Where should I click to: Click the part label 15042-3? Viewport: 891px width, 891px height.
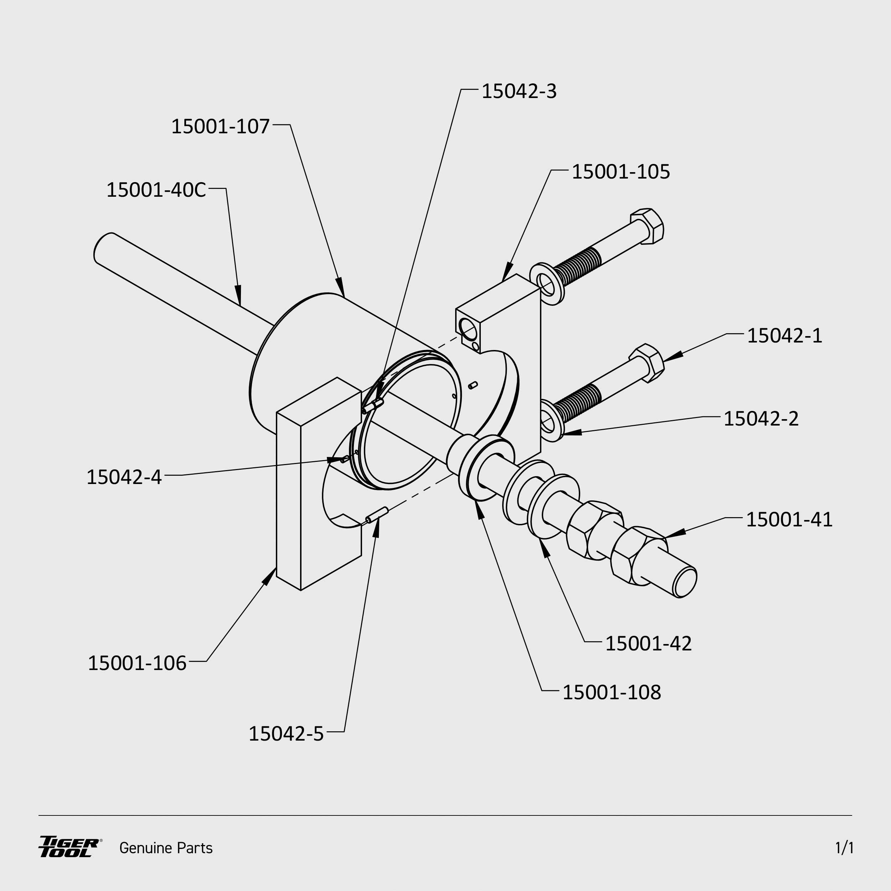[519, 91]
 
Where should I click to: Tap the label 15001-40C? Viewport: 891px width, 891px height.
[156, 190]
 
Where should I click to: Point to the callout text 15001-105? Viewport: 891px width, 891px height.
[620, 171]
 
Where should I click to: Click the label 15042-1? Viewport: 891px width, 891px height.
[784, 336]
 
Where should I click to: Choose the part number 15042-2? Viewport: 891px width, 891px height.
[761, 419]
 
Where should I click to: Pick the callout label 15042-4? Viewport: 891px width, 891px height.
[124, 477]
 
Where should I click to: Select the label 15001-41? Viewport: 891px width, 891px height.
[789, 520]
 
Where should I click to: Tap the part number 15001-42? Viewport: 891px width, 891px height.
[648, 644]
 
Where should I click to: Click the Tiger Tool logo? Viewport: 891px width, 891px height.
[69, 847]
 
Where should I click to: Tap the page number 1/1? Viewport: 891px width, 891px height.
[844, 848]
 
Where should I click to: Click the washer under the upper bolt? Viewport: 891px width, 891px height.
[547, 284]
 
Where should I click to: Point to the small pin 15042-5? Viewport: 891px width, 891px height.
[377, 515]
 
